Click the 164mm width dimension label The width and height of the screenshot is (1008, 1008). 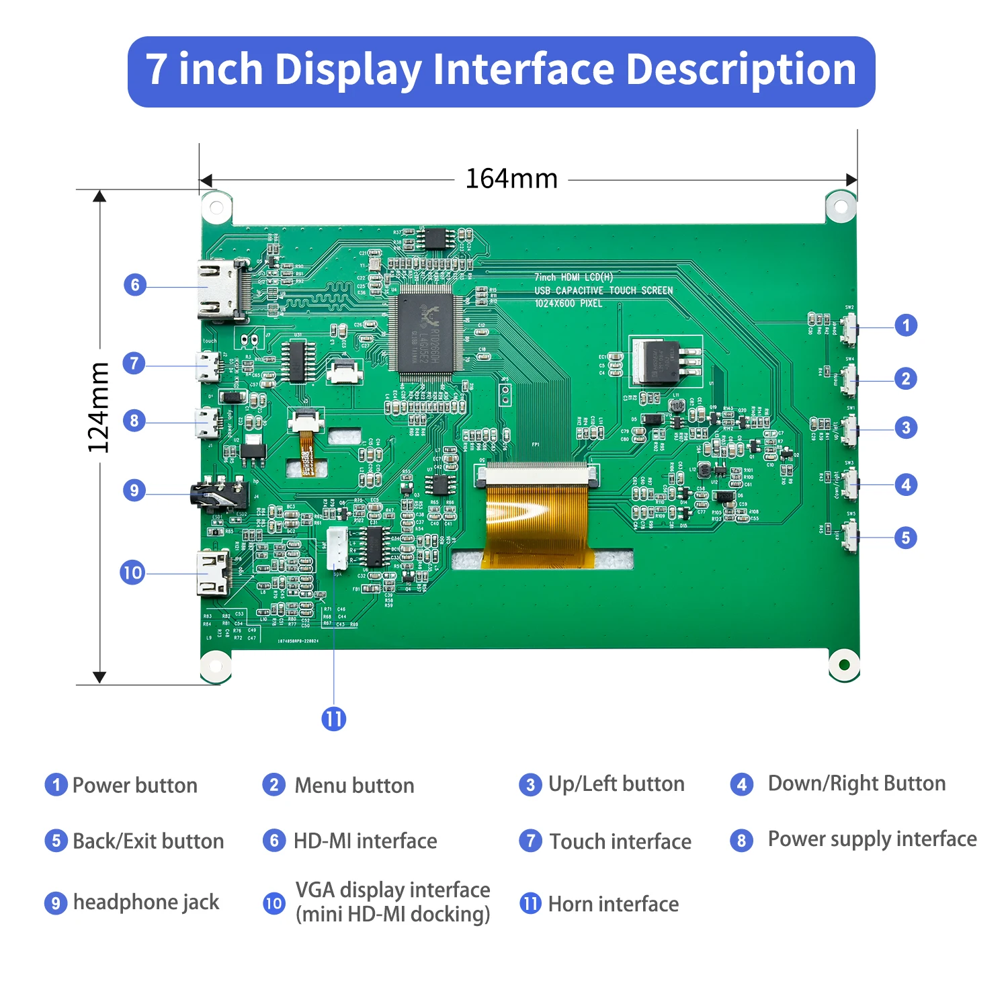coord(511,179)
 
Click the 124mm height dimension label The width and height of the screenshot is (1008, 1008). coord(99,407)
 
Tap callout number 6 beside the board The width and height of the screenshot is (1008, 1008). coord(135,285)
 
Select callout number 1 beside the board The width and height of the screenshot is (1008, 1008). coord(906,326)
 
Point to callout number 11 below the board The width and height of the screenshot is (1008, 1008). coord(334,719)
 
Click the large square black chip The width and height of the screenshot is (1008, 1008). coord(426,333)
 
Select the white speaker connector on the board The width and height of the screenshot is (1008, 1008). coord(337,548)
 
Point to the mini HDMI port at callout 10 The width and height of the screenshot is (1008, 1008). coord(214,573)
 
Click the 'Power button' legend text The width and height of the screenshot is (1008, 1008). coord(134,785)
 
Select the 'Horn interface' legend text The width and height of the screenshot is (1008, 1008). coord(613,904)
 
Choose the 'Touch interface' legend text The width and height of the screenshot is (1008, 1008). coord(620,841)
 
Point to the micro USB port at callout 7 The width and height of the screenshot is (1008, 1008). coord(208,367)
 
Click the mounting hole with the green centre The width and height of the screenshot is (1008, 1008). coord(844,665)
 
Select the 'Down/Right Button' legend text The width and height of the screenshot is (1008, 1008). coord(856,784)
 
